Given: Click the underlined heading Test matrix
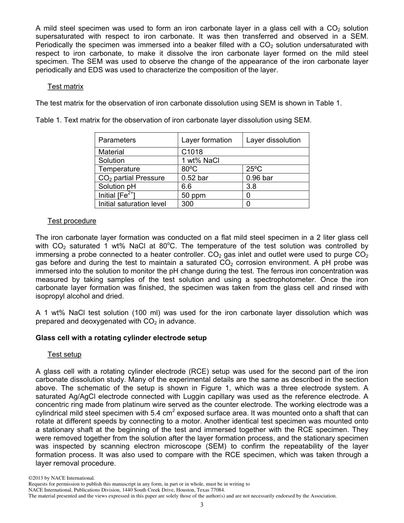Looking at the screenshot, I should [65, 87].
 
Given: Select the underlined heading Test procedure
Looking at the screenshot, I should [72, 221].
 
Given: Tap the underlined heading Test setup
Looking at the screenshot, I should [64, 355].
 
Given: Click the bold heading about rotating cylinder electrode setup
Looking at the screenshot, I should [121, 338].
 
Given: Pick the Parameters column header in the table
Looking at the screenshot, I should [117, 140].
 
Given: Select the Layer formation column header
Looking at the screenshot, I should [207, 140].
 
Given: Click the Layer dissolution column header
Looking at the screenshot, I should [273, 140].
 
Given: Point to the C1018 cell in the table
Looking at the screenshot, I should [192, 152].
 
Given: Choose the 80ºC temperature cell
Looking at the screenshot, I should [190, 169].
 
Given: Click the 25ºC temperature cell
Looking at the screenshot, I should [254, 169].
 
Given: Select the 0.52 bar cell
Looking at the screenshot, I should [195, 178].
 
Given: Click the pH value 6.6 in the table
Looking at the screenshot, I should [187, 187].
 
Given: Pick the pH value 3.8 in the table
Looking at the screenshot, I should [251, 187].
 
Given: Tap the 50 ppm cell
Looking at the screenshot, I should [193, 196].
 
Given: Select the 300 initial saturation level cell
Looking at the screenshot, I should [188, 204].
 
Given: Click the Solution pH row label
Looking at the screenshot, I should [117, 187].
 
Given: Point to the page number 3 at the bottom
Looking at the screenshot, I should [202, 505].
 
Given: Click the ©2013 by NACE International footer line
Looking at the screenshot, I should [61, 478].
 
